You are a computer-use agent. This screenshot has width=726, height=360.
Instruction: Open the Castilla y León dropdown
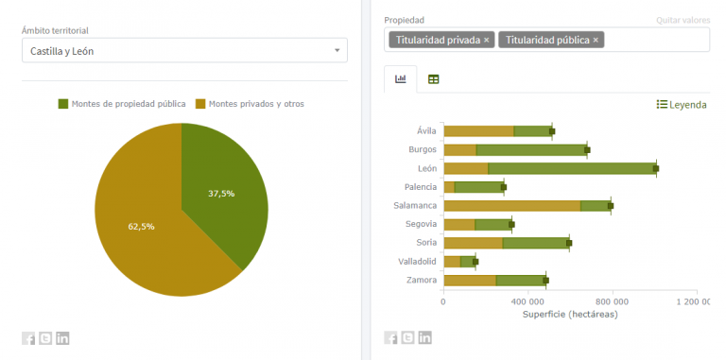coord(184,50)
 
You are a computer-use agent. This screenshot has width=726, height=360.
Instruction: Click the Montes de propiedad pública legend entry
coord(122,103)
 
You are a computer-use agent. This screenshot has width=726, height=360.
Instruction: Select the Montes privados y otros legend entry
coord(250,103)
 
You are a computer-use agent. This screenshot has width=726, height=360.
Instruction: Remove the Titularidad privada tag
coord(487,40)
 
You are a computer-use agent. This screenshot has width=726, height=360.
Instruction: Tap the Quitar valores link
coord(682,20)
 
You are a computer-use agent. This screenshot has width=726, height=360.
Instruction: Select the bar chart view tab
coord(401,79)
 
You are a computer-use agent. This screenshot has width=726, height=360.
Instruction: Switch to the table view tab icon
coord(434,79)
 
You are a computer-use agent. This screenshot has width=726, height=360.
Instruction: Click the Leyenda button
coord(682,105)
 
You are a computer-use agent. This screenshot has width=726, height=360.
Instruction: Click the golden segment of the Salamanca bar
coord(511,205)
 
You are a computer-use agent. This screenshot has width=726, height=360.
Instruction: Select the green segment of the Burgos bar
coord(531,149)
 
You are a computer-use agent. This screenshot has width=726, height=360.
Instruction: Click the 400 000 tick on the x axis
coord(527,301)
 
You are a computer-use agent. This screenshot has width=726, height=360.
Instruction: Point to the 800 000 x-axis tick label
coord(612,301)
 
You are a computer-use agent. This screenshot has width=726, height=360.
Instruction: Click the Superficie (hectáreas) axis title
coord(569,315)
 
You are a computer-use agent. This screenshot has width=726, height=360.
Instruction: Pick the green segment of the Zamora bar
coord(520,280)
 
